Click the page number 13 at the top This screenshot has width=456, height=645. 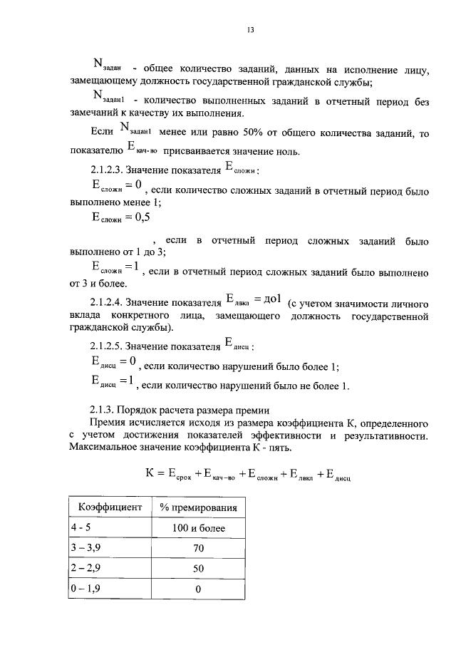pyautogui.click(x=250, y=29)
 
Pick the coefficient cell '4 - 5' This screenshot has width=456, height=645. pyautogui.click(x=81, y=527)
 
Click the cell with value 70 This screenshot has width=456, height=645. pyautogui.click(x=199, y=548)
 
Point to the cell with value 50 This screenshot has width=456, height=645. pyautogui.click(x=199, y=568)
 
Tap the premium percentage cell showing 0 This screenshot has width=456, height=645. pyautogui.click(x=199, y=589)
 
